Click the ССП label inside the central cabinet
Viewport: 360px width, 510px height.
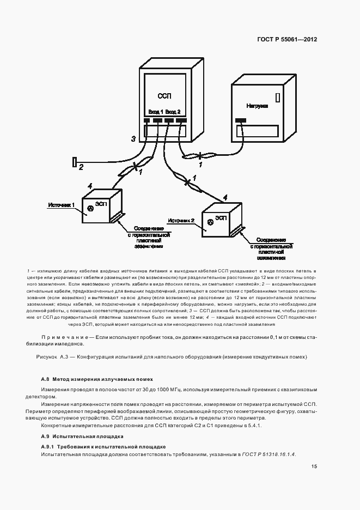tap(164, 96)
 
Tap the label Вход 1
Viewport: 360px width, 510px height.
tap(156, 111)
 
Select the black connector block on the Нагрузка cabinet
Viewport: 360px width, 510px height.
tap(240, 120)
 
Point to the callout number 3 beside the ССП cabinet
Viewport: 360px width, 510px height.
tap(133, 139)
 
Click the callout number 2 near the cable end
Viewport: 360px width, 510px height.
tap(81, 167)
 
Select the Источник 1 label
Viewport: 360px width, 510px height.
tap(61, 205)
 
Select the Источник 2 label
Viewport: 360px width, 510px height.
tap(181, 221)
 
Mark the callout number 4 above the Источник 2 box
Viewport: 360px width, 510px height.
tap(225, 197)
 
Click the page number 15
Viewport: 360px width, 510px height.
tap(314, 466)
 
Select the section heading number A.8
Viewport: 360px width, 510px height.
tap(46, 379)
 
